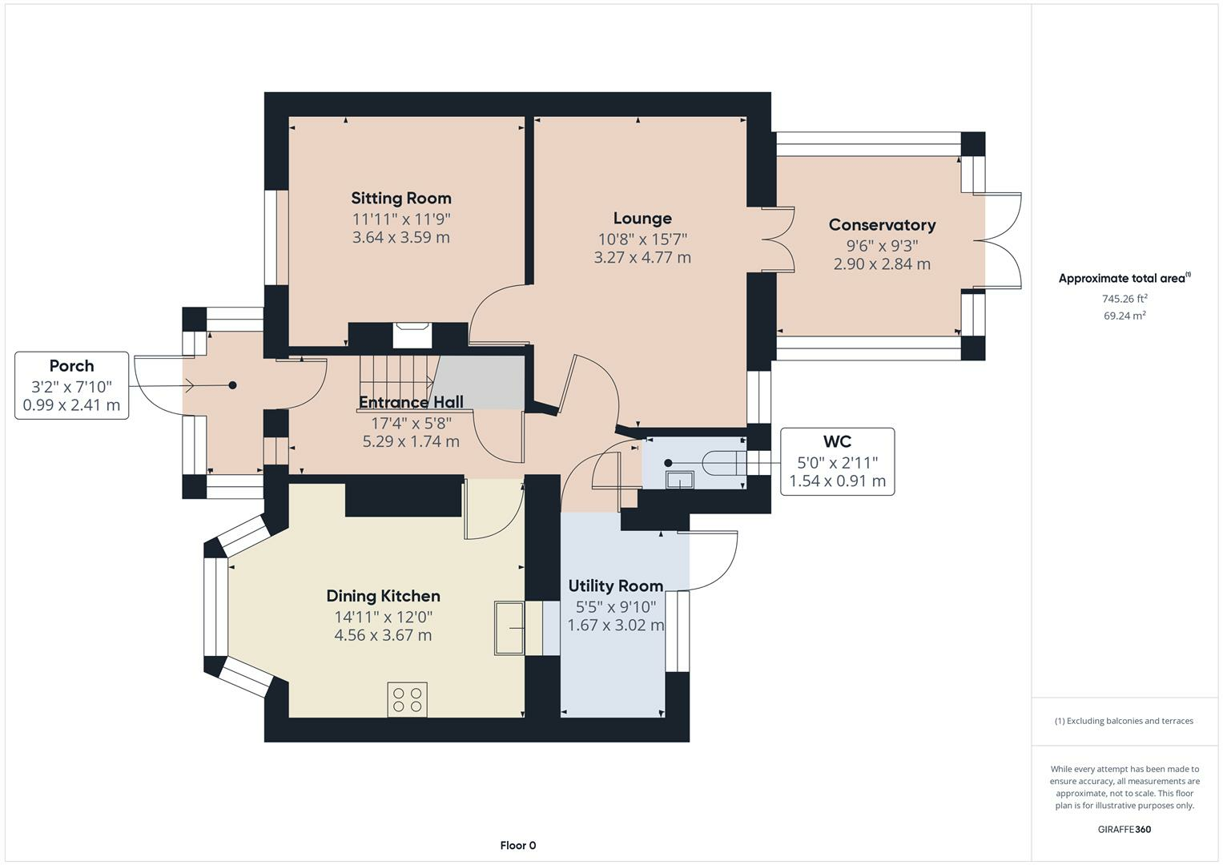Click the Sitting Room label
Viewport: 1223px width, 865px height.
pyautogui.click(x=401, y=198)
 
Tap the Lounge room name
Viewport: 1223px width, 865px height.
pyautogui.click(x=642, y=218)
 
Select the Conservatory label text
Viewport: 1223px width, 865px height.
pyautogui.click(x=883, y=224)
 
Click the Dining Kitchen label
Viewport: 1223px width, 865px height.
pyautogui.click(x=384, y=596)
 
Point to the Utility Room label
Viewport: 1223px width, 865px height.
pyautogui.click(x=616, y=586)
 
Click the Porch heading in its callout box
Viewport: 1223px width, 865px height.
pyautogui.click(x=71, y=365)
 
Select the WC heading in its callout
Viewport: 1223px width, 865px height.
pyautogui.click(x=838, y=441)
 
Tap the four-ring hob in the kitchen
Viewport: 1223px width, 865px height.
pyautogui.click(x=408, y=699)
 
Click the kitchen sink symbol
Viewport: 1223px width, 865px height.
pyautogui.click(x=509, y=627)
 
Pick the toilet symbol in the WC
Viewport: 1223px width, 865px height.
pyautogui.click(x=724, y=463)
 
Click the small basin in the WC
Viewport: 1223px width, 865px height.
pyautogui.click(x=680, y=480)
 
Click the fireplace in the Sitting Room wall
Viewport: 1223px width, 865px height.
pyautogui.click(x=412, y=335)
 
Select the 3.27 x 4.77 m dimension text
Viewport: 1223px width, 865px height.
pyautogui.click(x=642, y=257)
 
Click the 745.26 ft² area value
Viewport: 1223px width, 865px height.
pyautogui.click(x=1124, y=299)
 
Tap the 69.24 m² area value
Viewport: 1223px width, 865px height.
pyautogui.click(x=1124, y=316)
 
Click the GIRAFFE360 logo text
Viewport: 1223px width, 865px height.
pyautogui.click(x=1124, y=830)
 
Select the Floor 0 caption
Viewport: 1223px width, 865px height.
pyautogui.click(x=518, y=845)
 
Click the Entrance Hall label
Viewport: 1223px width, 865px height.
pyautogui.click(x=411, y=402)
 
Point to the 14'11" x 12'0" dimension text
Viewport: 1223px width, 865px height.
pyautogui.click(x=384, y=617)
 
